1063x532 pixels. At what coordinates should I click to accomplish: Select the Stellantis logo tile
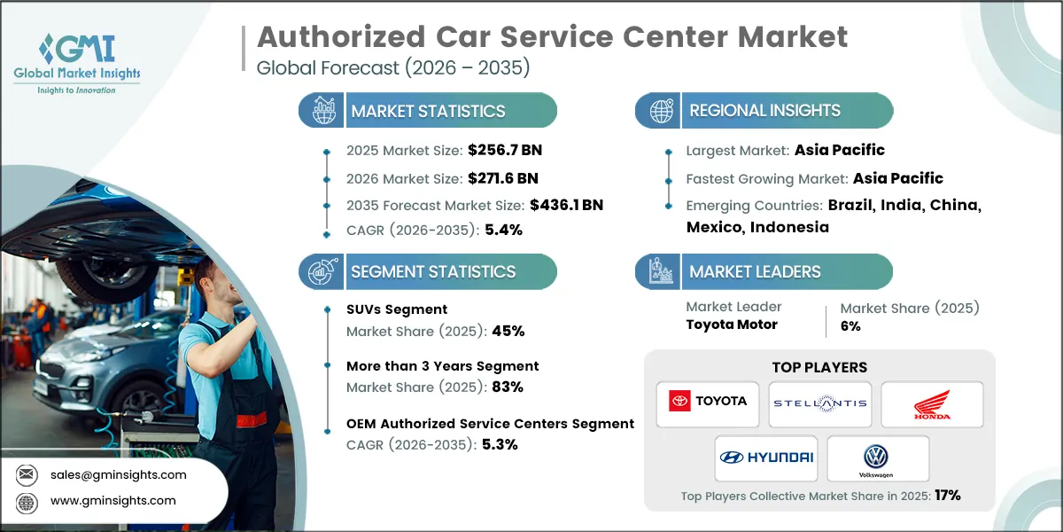(819, 404)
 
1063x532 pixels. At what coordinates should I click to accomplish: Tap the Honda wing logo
(932, 404)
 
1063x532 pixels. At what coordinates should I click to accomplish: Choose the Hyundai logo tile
(765, 458)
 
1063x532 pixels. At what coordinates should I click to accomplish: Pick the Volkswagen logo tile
(878, 458)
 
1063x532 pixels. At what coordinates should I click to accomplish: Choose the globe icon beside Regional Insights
(661, 111)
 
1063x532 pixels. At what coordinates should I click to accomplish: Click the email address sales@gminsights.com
(118, 474)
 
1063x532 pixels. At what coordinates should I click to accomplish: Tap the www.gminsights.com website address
(113, 501)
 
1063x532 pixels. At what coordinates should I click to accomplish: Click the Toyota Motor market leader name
(732, 325)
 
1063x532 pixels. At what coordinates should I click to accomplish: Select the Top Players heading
(819, 367)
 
